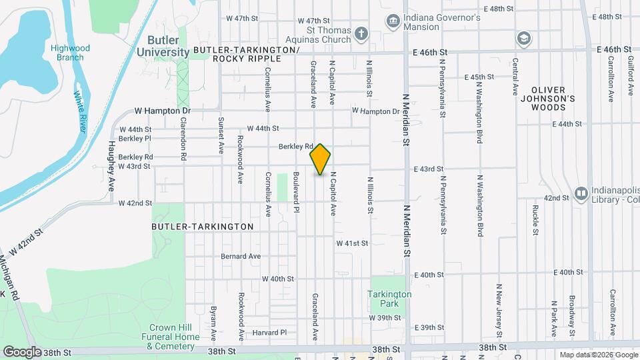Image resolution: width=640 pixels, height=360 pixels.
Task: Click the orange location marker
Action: [320, 159]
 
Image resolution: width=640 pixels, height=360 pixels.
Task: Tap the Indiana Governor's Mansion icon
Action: [393, 22]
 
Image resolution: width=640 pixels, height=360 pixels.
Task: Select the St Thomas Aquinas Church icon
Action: [361, 33]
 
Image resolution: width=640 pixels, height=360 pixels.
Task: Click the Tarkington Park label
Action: [390, 299]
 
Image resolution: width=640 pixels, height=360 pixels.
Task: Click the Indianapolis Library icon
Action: [580, 194]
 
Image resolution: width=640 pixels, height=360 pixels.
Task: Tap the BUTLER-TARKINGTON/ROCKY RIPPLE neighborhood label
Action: [246, 54]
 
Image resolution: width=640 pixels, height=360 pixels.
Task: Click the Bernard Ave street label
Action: [241, 256]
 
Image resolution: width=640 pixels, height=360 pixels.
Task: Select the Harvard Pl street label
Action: [269, 332]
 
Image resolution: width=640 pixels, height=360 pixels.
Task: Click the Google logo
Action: [22, 351]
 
